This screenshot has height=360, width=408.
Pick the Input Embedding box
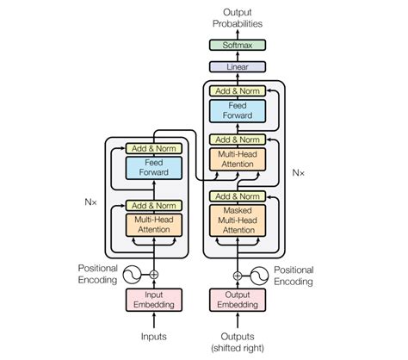tap(154, 299)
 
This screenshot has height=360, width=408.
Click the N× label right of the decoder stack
tap(298, 172)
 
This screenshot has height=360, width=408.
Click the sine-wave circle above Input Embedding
tap(131, 276)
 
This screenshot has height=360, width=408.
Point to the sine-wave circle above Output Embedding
tap(259, 276)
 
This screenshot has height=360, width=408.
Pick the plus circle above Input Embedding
tap(154, 276)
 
